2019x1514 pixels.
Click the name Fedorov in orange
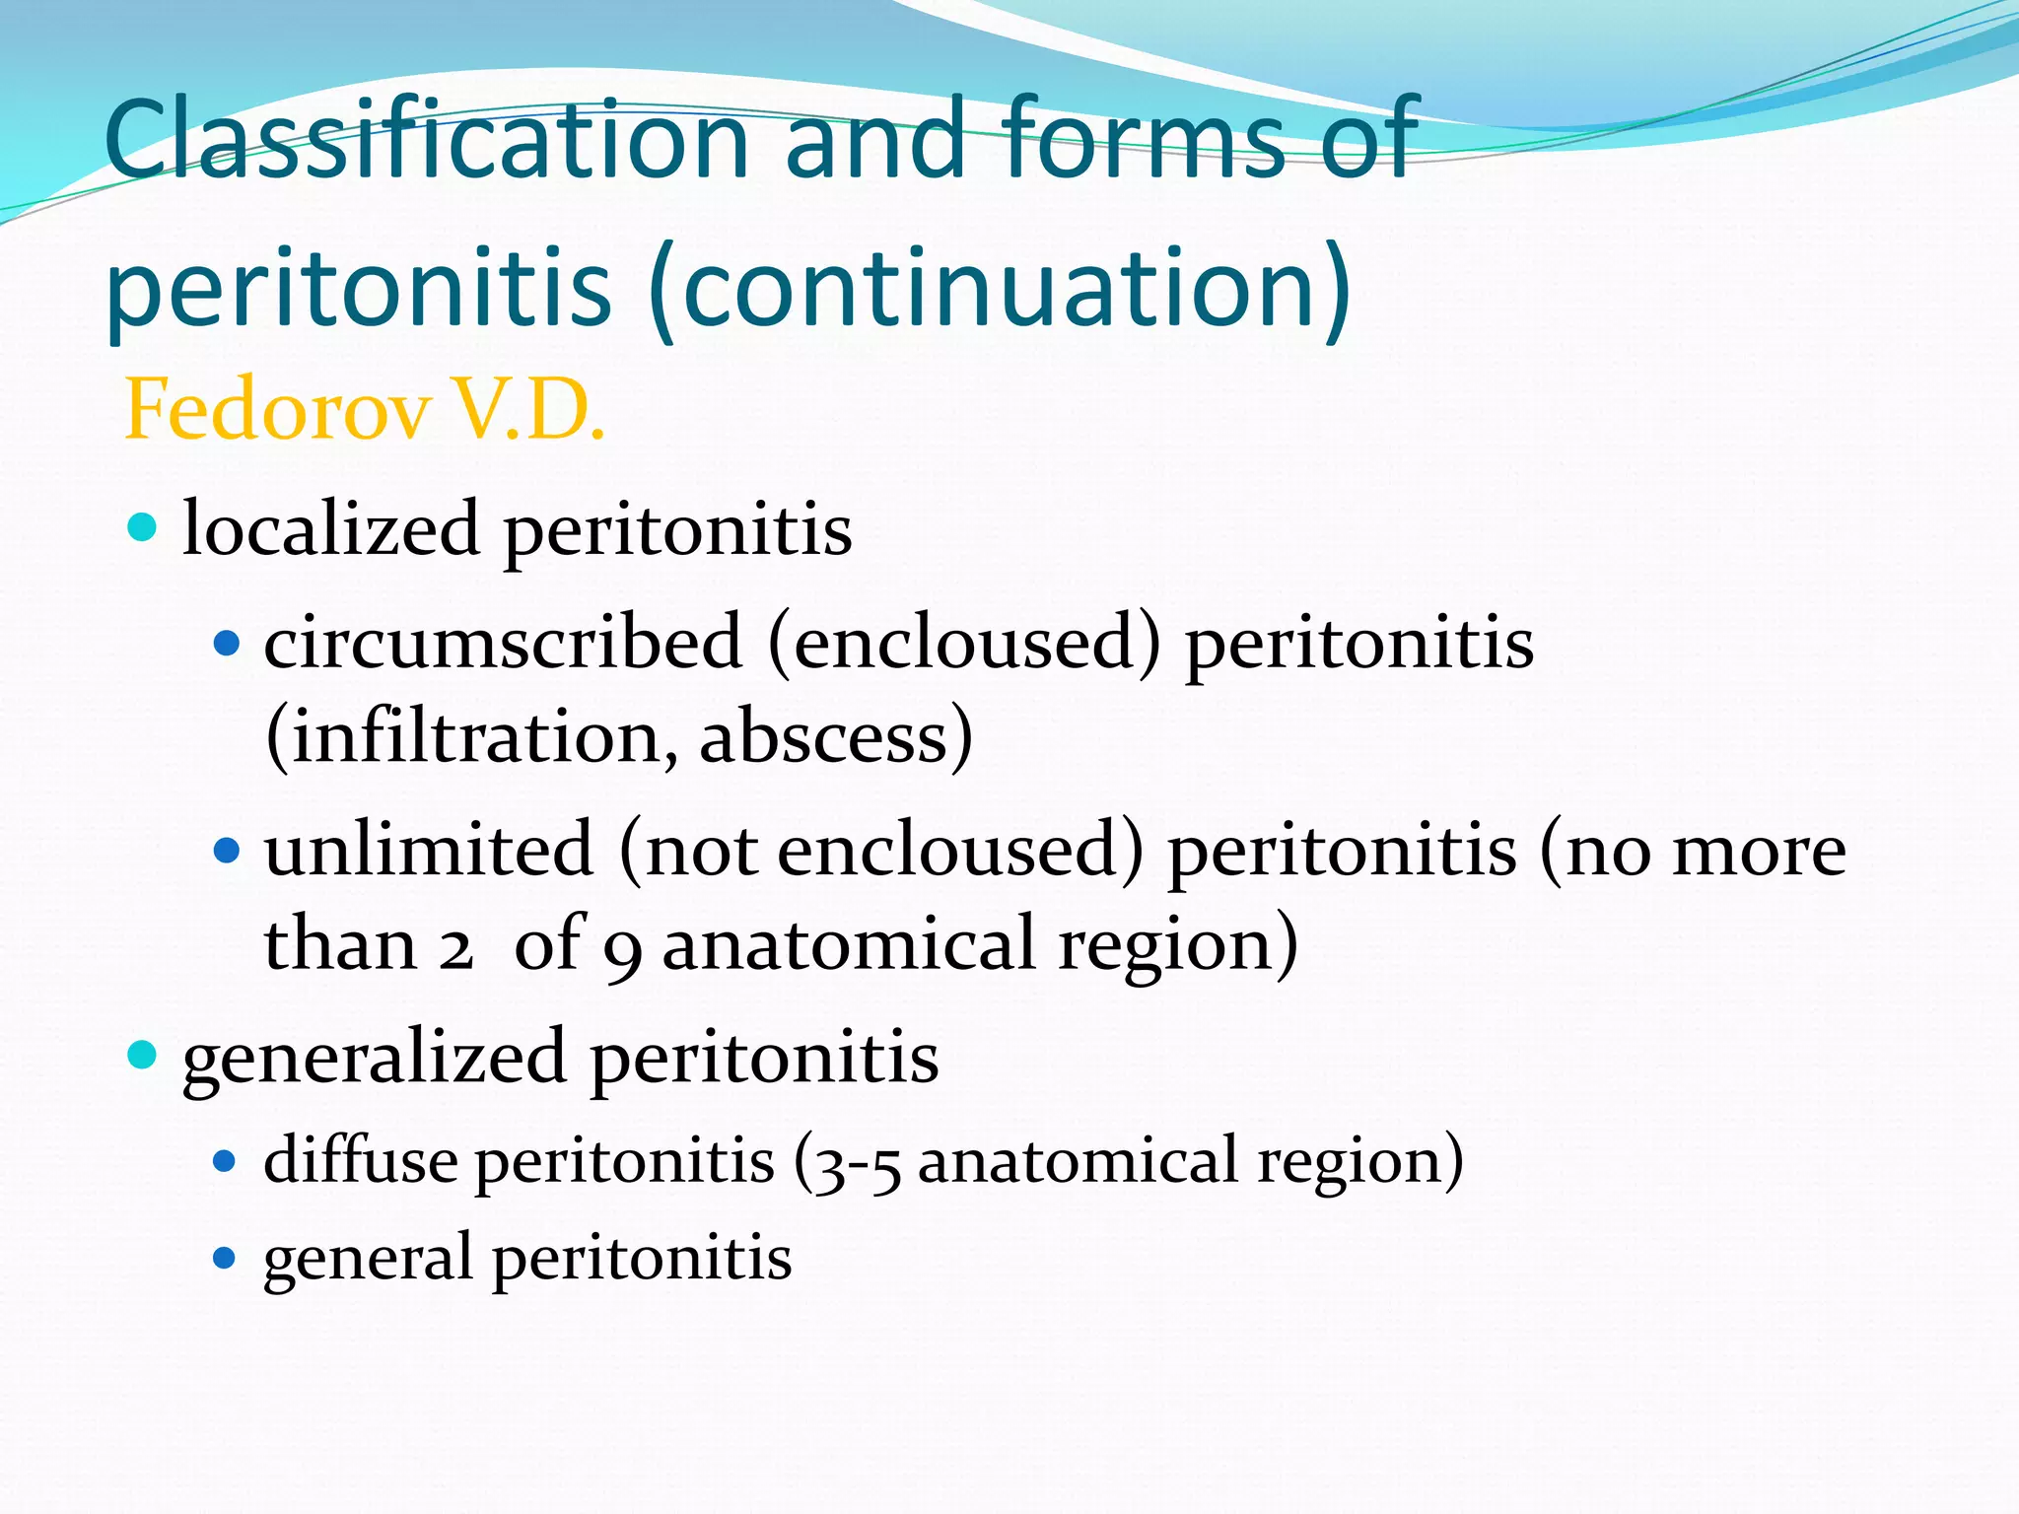tap(278, 410)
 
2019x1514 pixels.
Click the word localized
tap(330, 529)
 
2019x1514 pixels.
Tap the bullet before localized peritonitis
tap(143, 527)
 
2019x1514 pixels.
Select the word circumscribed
tap(503, 643)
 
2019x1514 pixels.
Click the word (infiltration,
tap(472, 737)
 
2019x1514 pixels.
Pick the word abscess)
tap(836, 737)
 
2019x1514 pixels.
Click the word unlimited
tap(429, 849)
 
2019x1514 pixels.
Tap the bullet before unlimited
tap(227, 850)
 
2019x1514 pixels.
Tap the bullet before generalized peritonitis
tap(143, 1056)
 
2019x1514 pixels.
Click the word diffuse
tap(360, 1160)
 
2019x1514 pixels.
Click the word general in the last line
tap(368, 1260)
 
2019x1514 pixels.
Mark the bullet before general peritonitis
tap(226, 1258)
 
